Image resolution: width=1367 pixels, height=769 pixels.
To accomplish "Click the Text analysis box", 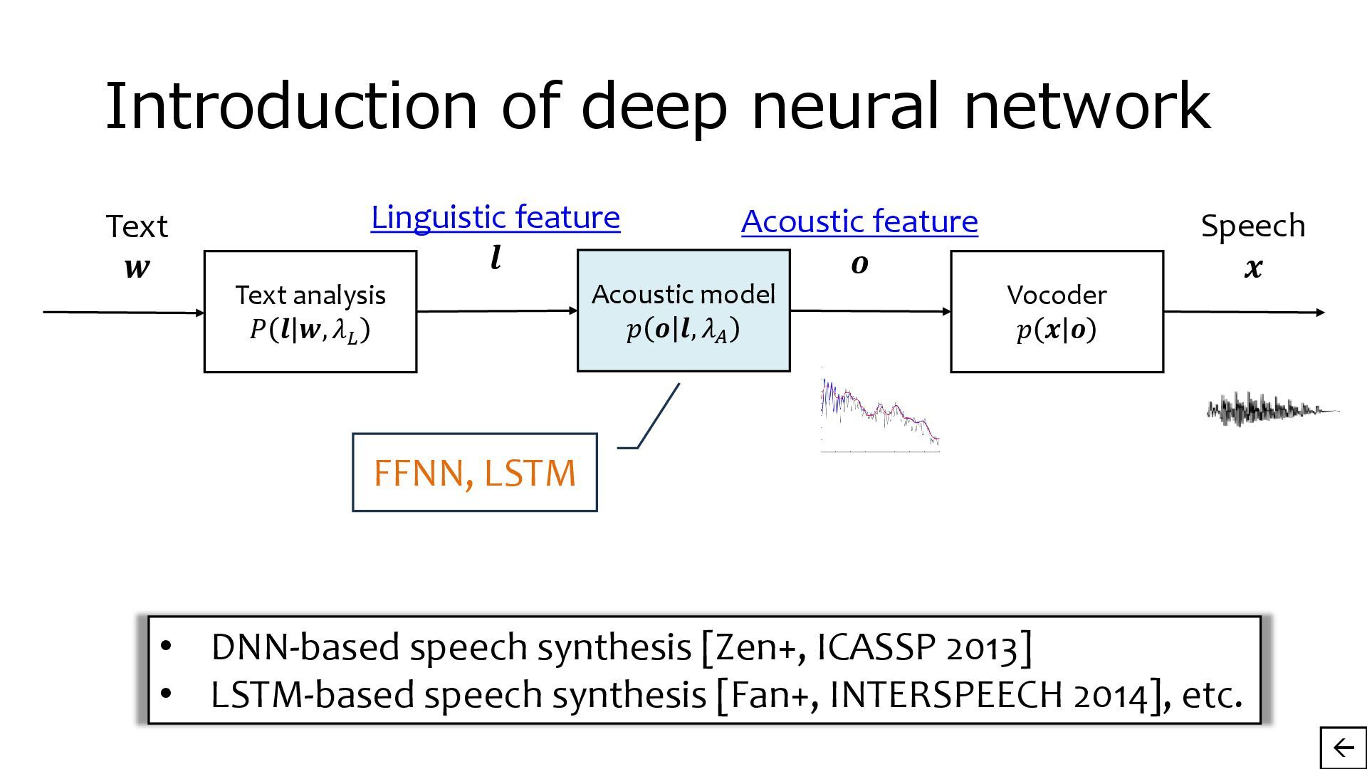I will click(x=310, y=311).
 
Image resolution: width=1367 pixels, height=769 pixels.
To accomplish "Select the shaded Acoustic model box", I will click(x=683, y=310).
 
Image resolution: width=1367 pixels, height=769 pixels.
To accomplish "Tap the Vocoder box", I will click(x=1057, y=311).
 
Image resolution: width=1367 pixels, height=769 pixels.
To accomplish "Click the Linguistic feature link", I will click(x=496, y=217).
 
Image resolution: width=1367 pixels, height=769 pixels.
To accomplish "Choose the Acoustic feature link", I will click(x=859, y=221).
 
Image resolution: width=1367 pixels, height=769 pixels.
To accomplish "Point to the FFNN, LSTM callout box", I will click(x=474, y=473).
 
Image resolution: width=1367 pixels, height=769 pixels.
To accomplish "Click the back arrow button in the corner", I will click(x=1343, y=748).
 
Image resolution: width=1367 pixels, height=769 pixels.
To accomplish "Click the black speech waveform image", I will click(x=1272, y=409).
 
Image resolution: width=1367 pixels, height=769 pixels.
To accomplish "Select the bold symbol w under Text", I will click(x=137, y=268).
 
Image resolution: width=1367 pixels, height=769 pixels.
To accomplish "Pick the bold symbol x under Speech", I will click(x=1253, y=268).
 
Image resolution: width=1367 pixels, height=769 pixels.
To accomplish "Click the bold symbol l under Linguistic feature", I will click(x=496, y=258).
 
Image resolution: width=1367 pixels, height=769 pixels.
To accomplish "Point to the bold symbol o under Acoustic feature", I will click(x=859, y=264).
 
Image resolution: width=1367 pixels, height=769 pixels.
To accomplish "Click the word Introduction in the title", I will click(x=290, y=105).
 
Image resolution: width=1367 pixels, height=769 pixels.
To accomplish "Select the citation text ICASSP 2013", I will click(x=917, y=647).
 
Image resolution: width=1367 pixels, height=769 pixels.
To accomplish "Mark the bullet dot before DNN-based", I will click(x=166, y=647).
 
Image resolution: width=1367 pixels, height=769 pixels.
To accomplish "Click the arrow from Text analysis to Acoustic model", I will click(x=496, y=310).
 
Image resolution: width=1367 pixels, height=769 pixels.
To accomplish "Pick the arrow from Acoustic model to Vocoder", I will click(x=870, y=310).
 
